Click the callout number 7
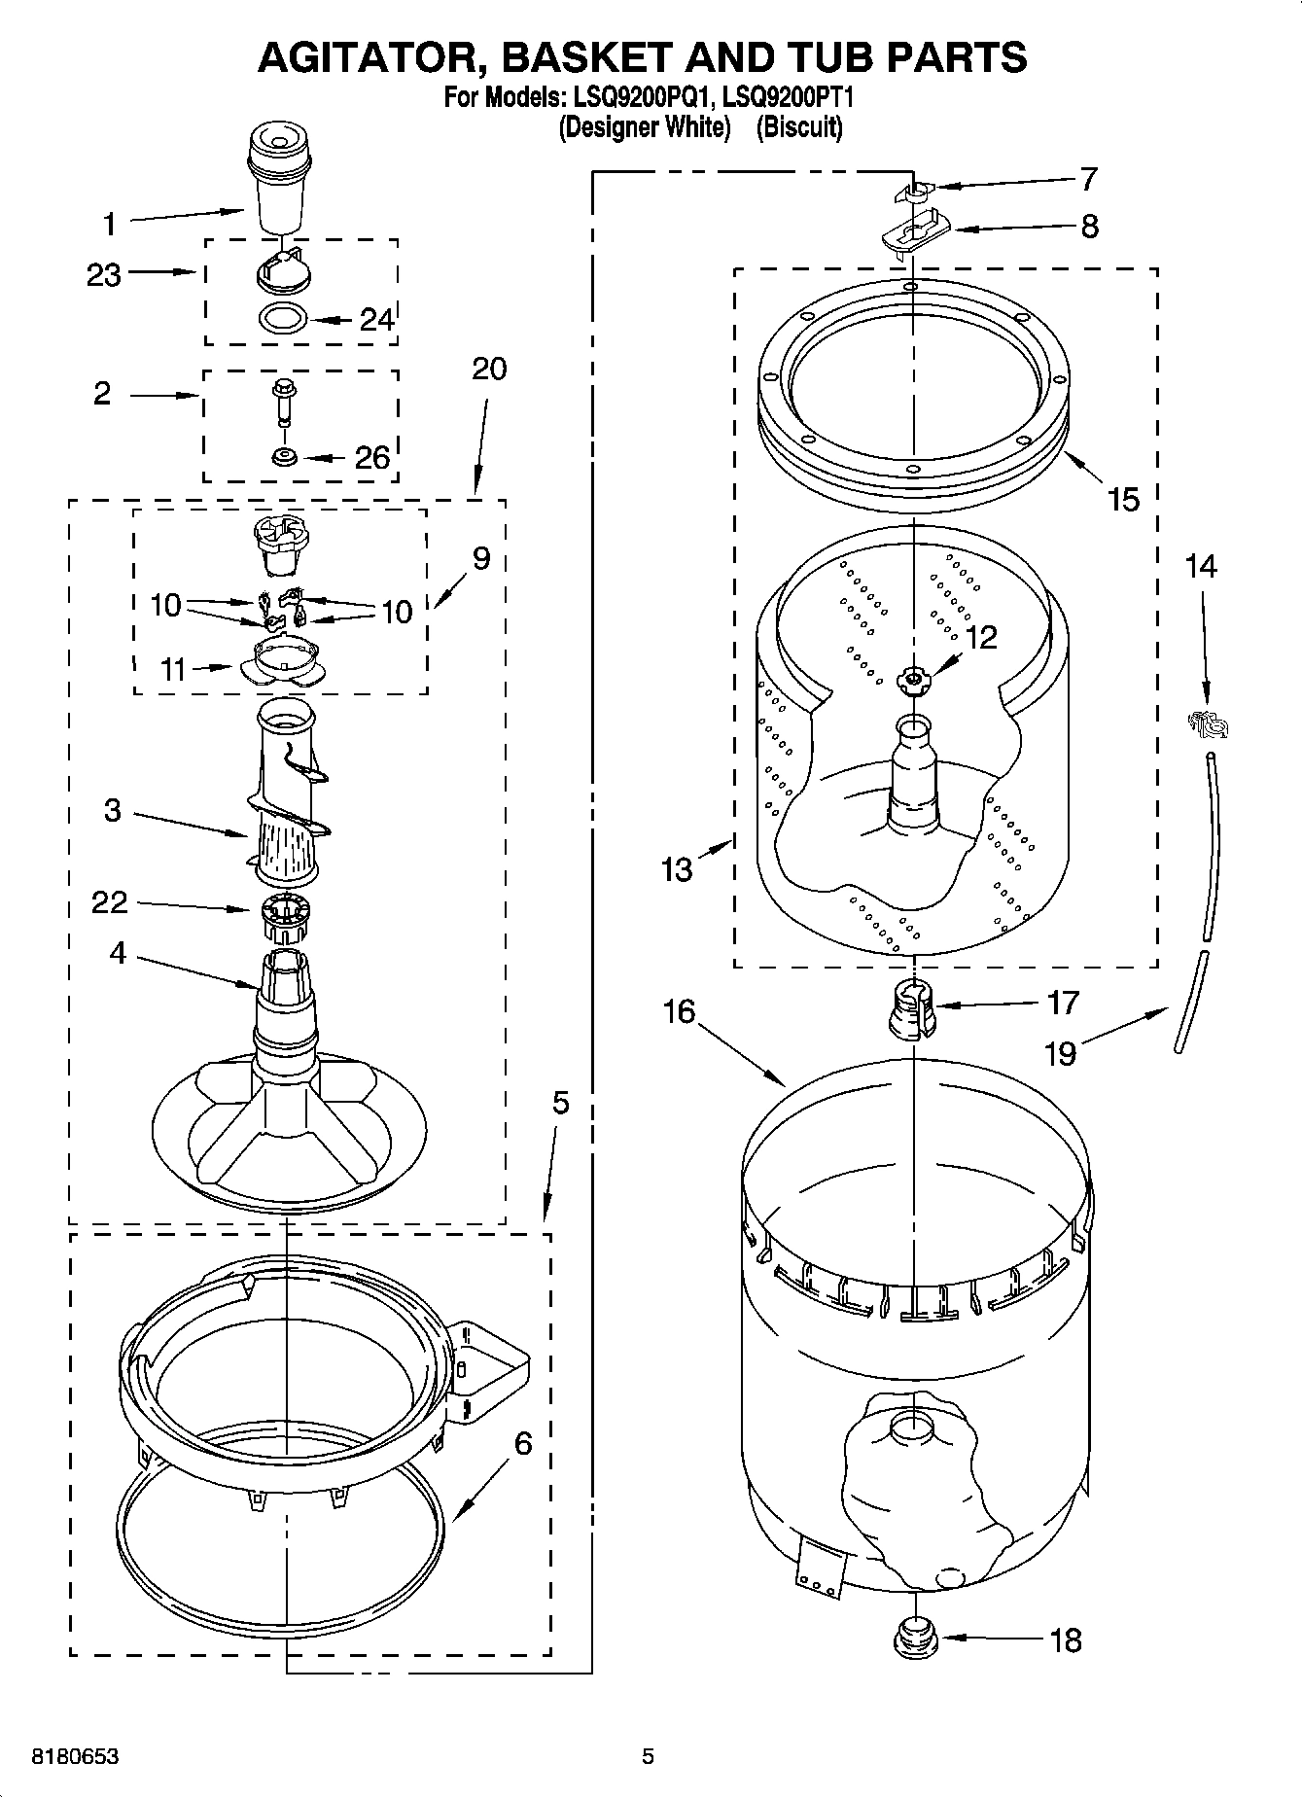[1088, 179]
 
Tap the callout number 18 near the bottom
[1066, 1640]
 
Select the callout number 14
[1201, 566]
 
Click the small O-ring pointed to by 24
[284, 317]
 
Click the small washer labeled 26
[284, 456]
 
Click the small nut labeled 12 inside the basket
[912, 679]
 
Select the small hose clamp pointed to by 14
[1207, 723]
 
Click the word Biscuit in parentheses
[799, 126]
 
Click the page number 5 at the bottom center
[648, 1756]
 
